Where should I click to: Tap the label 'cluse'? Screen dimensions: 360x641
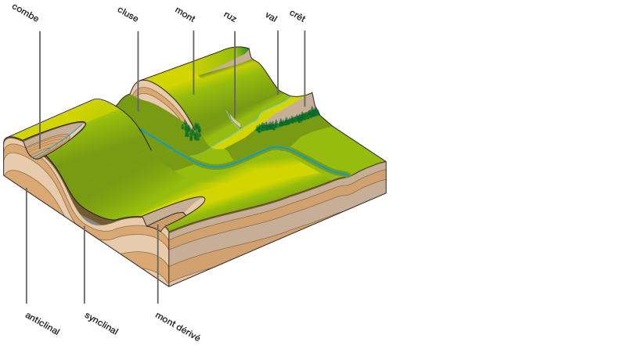[128, 13]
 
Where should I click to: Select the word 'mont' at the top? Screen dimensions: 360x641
[185, 13]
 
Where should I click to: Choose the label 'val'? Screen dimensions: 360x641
[272, 16]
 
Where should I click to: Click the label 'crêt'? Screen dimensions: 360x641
[297, 15]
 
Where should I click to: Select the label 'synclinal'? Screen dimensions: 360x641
[101, 323]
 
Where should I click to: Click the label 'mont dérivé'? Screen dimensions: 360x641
[178, 326]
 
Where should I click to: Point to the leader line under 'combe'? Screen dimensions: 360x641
[40, 86]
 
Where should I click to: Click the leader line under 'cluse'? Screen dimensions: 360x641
[138, 70]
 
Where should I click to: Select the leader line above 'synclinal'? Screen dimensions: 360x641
[85, 266]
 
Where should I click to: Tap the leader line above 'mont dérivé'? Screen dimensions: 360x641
[157, 266]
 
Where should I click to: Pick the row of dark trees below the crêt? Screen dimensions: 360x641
[290, 120]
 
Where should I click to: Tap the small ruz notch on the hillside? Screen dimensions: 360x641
[233, 119]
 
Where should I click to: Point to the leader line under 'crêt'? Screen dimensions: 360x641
[304, 67]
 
